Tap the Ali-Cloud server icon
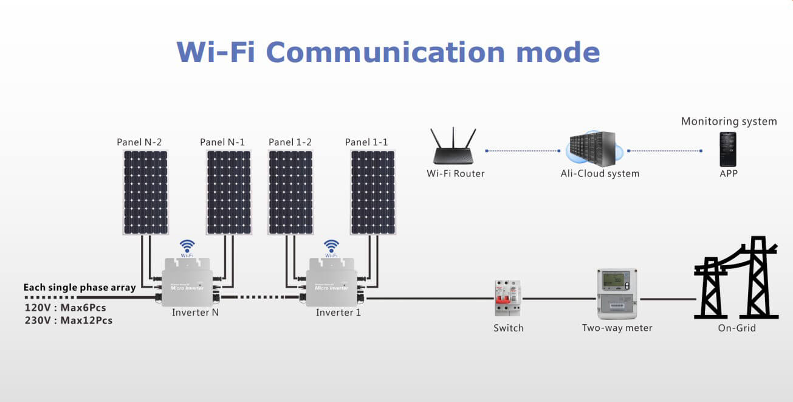tap(594, 148)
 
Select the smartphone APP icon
tap(728, 149)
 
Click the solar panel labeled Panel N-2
tap(146, 192)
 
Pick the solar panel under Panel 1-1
tap(373, 192)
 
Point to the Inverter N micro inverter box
tap(187, 281)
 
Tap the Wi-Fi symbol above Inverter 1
tap(331, 246)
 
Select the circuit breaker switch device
tap(508, 297)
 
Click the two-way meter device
tap(617, 294)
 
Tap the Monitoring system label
tap(729, 121)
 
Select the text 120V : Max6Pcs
tap(65, 308)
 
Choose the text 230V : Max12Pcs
tap(68, 321)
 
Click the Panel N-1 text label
tap(222, 142)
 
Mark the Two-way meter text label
tap(617, 328)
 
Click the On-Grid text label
tap(736, 328)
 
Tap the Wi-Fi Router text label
tap(456, 173)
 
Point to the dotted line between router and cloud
tap(522, 150)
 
